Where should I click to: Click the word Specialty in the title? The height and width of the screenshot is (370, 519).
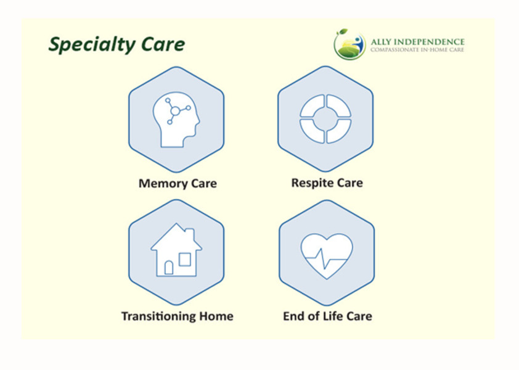click(91, 45)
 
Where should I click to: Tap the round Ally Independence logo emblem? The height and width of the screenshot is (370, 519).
click(349, 44)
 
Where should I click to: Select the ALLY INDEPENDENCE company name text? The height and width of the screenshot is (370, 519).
click(417, 42)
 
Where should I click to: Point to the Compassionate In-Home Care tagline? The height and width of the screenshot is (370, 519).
click(417, 50)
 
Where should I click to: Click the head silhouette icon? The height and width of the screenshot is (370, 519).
click(176, 120)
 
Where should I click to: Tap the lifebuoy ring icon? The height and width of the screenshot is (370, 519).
click(325, 119)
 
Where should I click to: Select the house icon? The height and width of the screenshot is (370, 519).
click(176, 250)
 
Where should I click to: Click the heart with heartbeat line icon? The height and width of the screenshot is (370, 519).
click(327, 256)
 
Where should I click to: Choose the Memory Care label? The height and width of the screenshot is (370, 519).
click(178, 183)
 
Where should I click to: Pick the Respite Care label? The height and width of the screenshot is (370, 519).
click(327, 183)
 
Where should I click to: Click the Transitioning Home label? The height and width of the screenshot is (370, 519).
click(178, 316)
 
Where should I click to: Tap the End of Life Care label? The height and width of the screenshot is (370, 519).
click(327, 316)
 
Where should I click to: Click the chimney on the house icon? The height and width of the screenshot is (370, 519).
click(190, 234)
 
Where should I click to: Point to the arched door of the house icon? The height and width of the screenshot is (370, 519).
click(169, 268)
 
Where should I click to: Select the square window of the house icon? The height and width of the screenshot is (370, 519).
click(185, 260)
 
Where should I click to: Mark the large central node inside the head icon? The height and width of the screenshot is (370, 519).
click(175, 110)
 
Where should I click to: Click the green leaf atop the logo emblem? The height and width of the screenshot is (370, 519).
click(342, 32)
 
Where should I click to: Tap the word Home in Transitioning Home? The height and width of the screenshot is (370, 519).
click(216, 316)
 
